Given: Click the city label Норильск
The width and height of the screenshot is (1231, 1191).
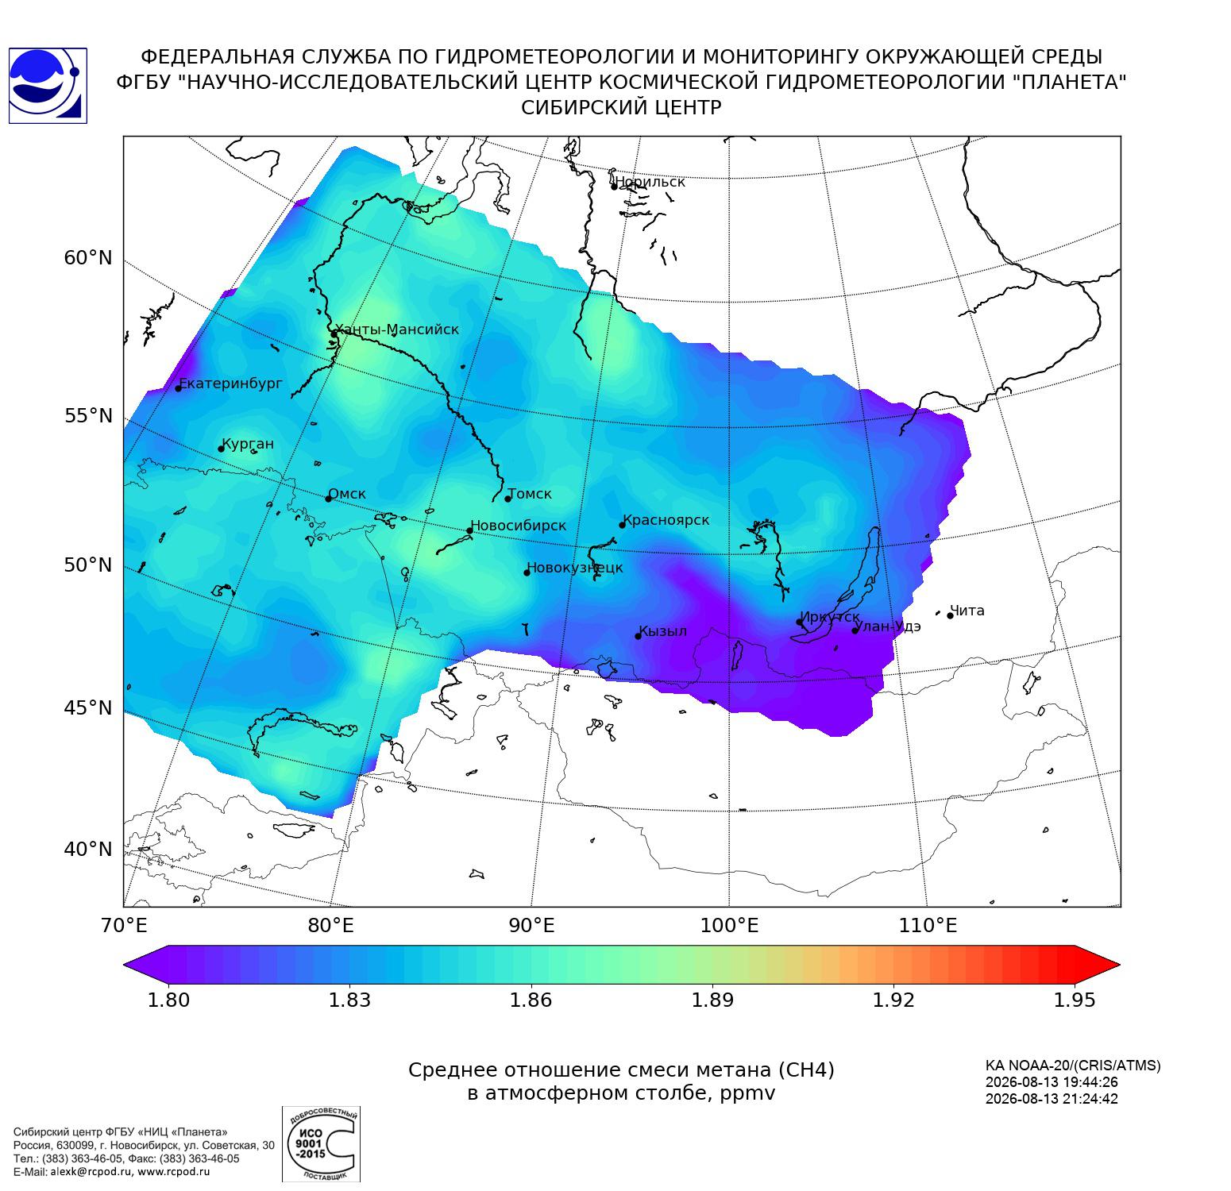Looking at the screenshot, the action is [650, 182].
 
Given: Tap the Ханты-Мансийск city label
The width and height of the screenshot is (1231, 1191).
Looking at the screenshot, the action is [397, 330].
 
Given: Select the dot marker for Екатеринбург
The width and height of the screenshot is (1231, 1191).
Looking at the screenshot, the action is [179, 387].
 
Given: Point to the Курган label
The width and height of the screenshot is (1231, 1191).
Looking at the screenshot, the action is [248, 444].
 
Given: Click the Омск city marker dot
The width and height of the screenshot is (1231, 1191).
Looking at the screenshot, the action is [328, 499].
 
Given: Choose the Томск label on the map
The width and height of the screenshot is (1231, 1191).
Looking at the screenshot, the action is [530, 494].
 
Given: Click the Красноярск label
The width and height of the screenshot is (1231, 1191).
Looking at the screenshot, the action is [666, 521].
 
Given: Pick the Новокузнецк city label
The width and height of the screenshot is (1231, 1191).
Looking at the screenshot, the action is [575, 568].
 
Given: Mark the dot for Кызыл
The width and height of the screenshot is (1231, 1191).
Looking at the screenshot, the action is [638, 636].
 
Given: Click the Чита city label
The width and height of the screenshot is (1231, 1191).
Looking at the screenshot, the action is [967, 611].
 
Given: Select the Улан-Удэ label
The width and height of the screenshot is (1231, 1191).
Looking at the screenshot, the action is [889, 626].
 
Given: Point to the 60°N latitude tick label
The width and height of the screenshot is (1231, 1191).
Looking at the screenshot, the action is [88, 258].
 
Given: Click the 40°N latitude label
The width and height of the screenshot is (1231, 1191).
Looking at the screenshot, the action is [88, 850].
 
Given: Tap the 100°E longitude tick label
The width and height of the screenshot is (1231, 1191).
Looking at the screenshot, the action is [729, 925].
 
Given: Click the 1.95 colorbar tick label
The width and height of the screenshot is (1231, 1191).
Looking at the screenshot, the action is [1075, 1000].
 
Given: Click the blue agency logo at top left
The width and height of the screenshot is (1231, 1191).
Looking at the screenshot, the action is [47, 86].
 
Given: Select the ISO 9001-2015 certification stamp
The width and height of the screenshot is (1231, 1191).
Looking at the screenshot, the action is [321, 1144].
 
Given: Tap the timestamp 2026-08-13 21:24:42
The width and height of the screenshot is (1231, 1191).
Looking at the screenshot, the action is [1052, 1099].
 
